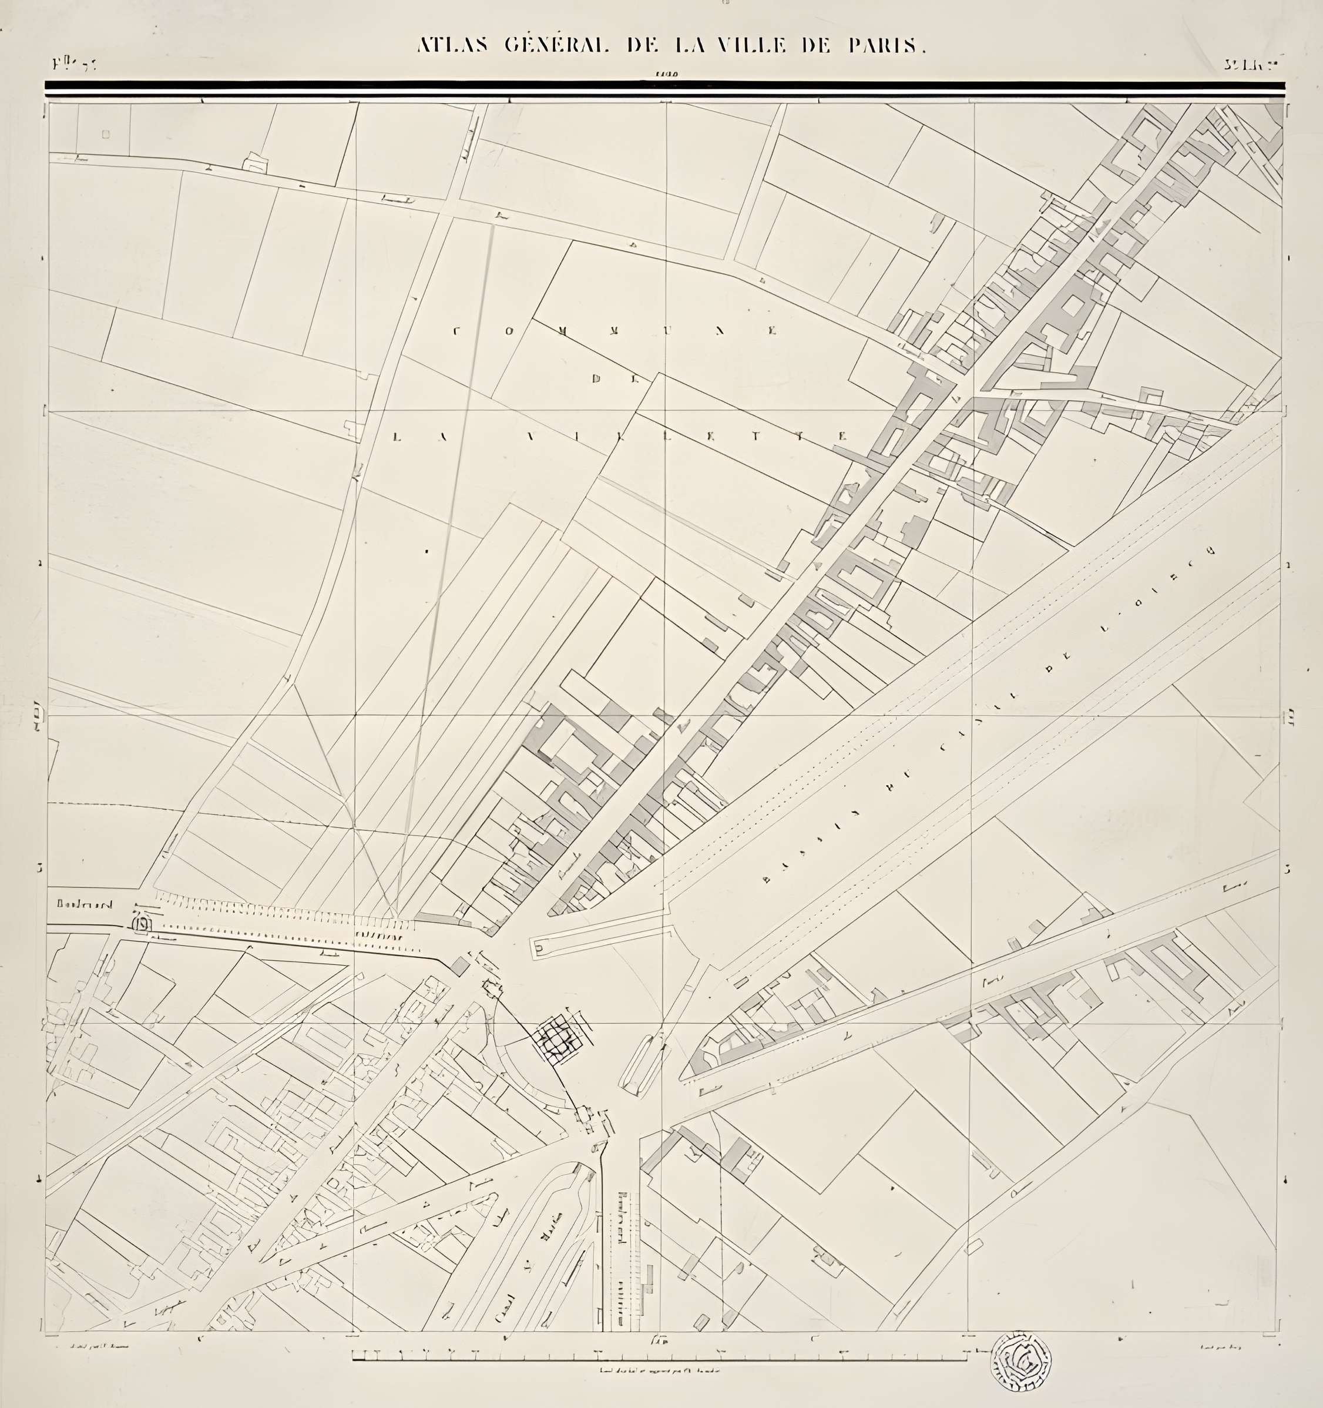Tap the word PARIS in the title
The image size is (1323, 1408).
[x=887, y=46]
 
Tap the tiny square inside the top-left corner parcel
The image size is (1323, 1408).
[x=106, y=135]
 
